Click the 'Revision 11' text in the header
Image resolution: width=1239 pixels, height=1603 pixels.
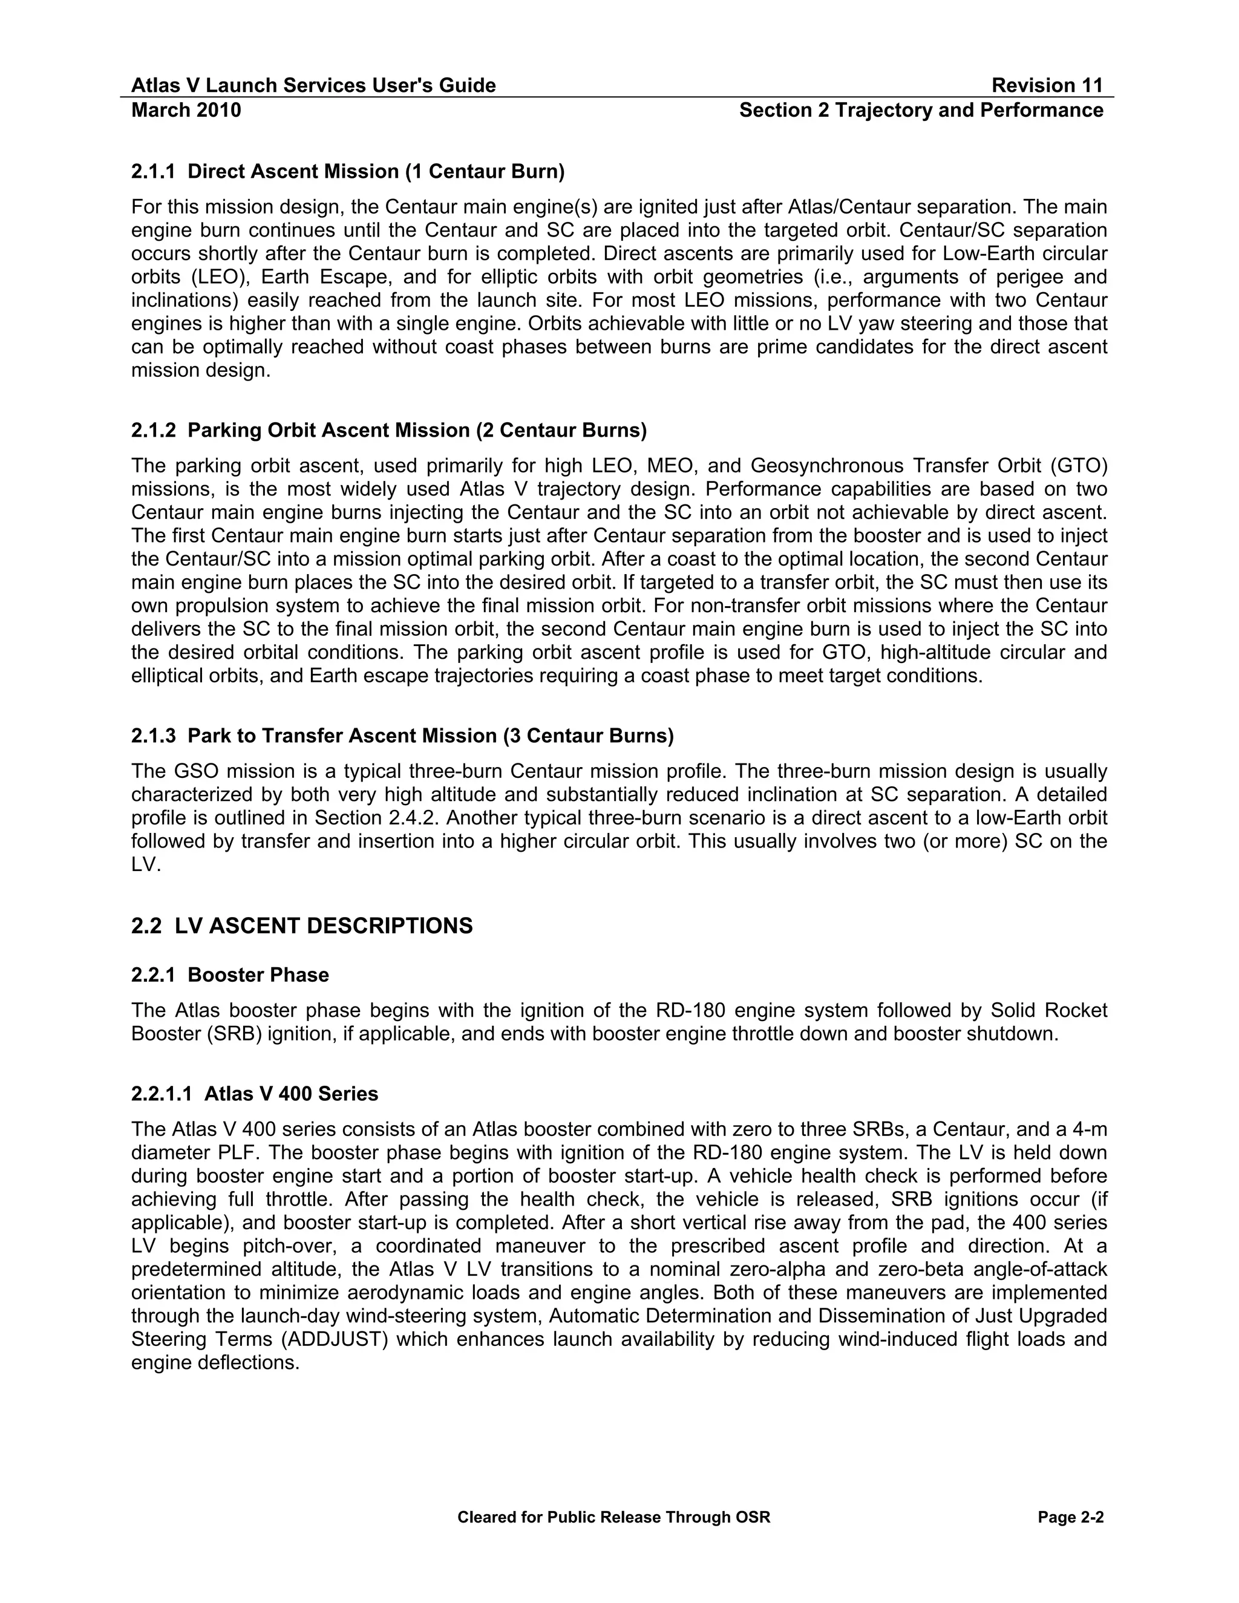(x=1047, y=86)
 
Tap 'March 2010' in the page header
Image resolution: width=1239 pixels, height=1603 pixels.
(x=186, y=110)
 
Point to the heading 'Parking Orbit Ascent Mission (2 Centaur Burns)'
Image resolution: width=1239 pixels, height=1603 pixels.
(x=417, y=430)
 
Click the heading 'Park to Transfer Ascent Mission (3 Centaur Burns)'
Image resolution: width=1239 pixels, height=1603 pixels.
(x=430, y=736)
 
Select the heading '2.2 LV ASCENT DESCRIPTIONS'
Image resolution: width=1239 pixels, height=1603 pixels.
(x=302, y=926)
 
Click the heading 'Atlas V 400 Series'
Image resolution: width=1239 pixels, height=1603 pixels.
(x=290, y=1094)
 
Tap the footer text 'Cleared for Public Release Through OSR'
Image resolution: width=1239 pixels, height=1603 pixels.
(x=613, y=1518)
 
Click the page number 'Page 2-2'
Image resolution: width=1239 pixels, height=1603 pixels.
(x=1070, y=1518)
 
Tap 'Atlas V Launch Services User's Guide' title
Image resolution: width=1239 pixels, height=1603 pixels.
(x=313, y=86)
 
